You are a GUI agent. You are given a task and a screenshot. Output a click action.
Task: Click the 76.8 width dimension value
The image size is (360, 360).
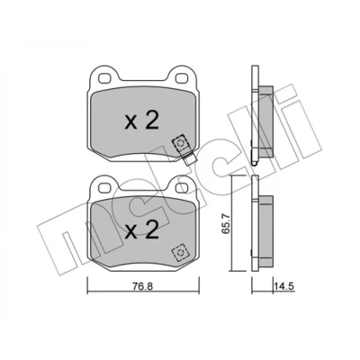click(x=143, y=286)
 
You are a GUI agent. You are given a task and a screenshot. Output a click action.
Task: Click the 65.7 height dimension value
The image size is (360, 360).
click(x=226, y=223)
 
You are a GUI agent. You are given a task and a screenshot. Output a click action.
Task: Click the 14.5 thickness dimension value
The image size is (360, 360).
click(x=283, y=286)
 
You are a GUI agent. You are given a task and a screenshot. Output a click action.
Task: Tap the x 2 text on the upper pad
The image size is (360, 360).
click(x=141, y=121)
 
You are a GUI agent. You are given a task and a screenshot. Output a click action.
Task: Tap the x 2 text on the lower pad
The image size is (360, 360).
click(x=141, y=230)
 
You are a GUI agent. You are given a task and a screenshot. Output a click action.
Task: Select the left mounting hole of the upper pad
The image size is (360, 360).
click(x=104, y=78)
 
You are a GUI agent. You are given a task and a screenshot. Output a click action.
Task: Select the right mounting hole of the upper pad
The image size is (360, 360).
click(x=181, y=78)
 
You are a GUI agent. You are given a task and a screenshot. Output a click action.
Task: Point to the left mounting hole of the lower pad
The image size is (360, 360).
click(x=104, y=188)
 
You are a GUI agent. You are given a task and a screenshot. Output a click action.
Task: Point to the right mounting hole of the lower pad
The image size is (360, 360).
click(x=181, y=188)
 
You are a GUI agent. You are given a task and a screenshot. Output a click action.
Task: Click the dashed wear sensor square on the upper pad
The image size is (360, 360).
click(x=180, y=143)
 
